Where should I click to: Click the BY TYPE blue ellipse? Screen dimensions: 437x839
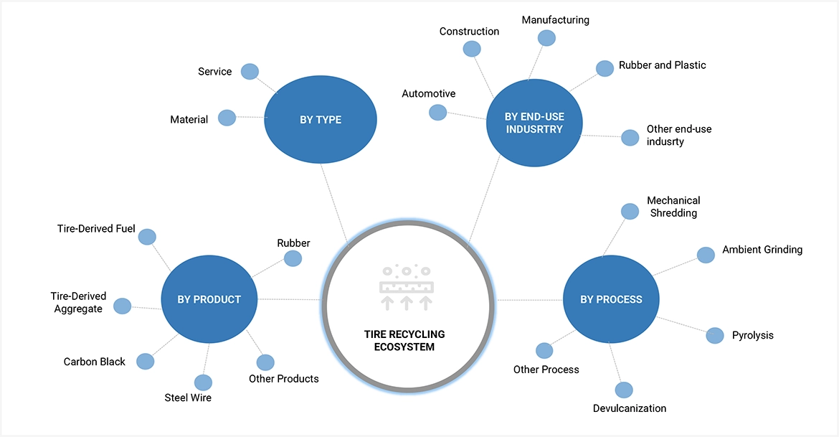click(x=321, y=120)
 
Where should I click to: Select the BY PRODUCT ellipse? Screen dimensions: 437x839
click(x=209, y=299)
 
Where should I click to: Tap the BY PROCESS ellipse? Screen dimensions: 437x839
click(x=611, y=299)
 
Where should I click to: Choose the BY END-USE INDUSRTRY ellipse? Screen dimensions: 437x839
click(x=534, y=122)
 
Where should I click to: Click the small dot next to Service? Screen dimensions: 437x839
click(x=250, y=71)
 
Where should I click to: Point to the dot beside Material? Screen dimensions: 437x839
click(x=227, y=118)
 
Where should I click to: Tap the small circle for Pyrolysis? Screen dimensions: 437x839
click(x=715, y=335)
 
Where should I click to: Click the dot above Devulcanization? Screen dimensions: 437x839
click(x=624, y=390)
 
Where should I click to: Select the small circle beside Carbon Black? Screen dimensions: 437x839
click(x=145, y=361)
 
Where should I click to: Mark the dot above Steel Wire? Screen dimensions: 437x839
click(x=203, y=382)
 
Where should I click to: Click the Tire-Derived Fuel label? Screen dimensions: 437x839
click(x=96, y=229)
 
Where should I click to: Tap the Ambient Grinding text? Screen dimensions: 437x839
click(x=762, y=250)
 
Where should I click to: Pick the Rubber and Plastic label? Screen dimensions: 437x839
click(x=663, y=65)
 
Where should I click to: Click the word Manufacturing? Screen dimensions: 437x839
click(x=555, y=20)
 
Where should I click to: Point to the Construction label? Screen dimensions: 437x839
click(x=469, y=32)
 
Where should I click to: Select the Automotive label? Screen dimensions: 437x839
click(x=428, y=94)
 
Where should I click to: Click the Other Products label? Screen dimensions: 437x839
click(x=283, y=379)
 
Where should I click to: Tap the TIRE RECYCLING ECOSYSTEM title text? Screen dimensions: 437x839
click(x=404, y=340)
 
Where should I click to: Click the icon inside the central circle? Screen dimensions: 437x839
click(x=406, y=287)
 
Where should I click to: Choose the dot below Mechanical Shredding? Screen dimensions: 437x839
click(x=630, y=211)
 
